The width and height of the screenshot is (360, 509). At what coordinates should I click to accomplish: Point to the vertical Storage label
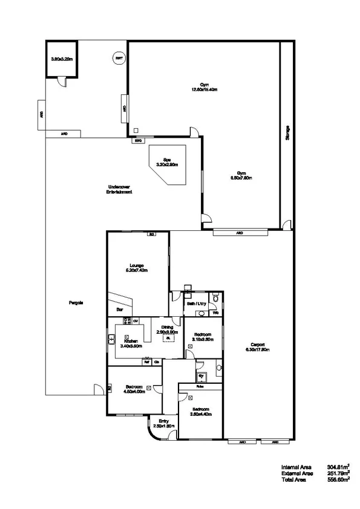287,134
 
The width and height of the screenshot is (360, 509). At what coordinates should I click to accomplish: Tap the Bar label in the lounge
120,309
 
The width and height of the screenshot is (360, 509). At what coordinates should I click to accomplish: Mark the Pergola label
76,302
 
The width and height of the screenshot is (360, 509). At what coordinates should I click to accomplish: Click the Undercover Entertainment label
119,189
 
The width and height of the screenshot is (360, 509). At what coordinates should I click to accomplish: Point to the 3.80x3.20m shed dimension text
62,59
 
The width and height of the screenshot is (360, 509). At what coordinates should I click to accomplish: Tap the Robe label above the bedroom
199,386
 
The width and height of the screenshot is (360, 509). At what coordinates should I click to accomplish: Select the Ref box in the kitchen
146,362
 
